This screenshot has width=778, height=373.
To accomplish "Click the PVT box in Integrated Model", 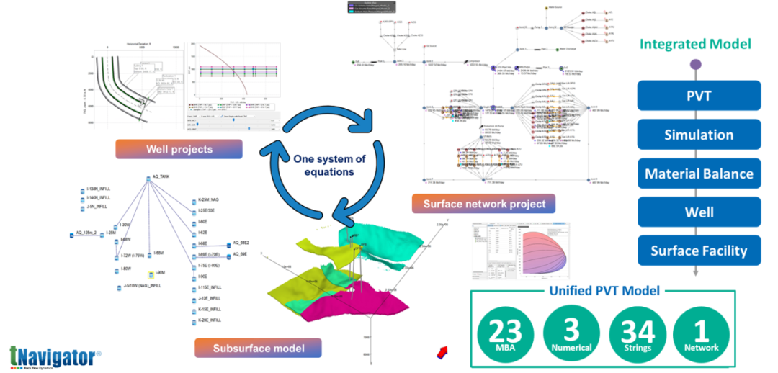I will pyautogui.click(x=699, y=96).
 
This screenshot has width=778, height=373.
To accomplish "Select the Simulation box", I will pyautogui.click(x=699, y=135).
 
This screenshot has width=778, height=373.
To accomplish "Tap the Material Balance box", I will pyautogui.click(x=699, y=174).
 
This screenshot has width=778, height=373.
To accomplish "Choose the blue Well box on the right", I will pyautogui.click(x=699, y=212).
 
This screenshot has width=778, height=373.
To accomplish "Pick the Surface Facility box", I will pyautogui.click(x=699, y=251).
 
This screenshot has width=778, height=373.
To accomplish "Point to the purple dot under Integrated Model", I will pyautogui.click(x=696, y=65).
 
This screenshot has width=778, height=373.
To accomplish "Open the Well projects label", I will pyautogui.click(x=179, y=150).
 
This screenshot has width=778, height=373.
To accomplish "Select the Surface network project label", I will pyautogui.click(x=484, y=204).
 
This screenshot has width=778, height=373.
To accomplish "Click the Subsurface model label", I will pyautogui.click(x=258, y=349).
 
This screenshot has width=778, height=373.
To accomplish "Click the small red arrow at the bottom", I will pyautogui.click(x=442, y=351).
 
